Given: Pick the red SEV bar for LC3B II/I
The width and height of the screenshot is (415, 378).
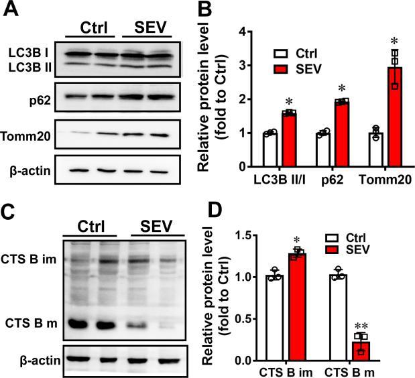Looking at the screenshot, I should pos(289,139).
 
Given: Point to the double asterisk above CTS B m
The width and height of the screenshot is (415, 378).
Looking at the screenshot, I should pos(362,324).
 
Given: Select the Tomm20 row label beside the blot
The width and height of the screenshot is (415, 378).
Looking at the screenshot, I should pos(28,135).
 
